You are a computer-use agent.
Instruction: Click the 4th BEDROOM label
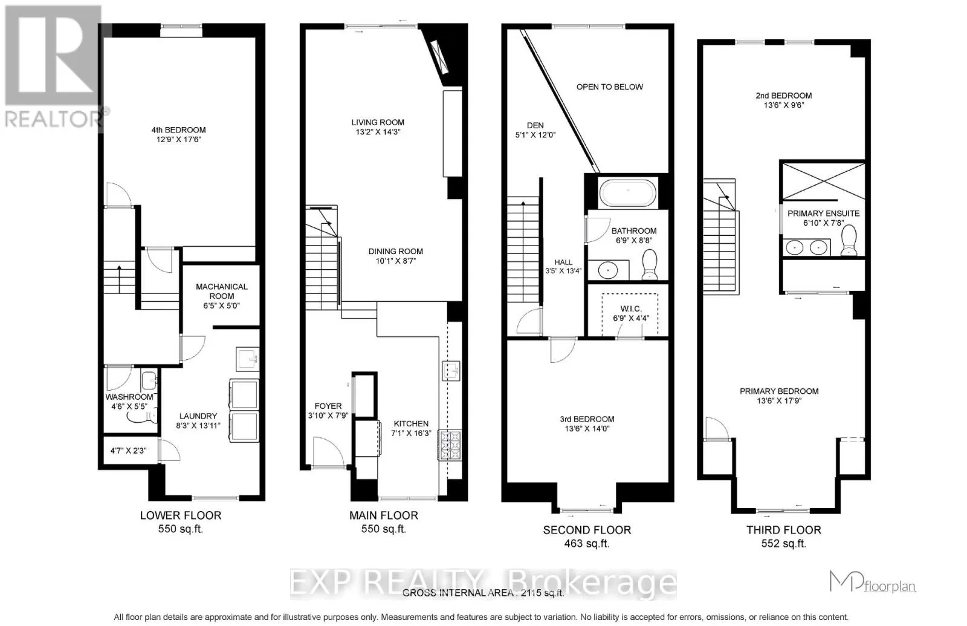(178, 129)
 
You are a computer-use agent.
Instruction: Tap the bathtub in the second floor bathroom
(628, 192)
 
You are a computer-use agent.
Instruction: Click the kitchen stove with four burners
(450, 445)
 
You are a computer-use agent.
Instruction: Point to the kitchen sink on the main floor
(451, 371)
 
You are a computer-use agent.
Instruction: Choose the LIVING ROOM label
(378, 122)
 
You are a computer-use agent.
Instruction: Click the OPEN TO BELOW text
(610, 87)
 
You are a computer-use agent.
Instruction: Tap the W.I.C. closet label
(631, 309)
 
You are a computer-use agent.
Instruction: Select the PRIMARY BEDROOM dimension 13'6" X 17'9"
(779, 400)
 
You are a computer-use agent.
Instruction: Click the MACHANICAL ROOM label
(221, 291)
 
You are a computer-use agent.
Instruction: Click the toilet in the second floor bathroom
(649, 264)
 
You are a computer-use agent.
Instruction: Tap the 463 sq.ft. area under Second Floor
(587, 544)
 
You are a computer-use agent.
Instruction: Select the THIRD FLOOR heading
(783, 530)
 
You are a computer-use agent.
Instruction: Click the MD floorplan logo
(873, 581)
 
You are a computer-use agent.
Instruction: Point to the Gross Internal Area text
(483, 593)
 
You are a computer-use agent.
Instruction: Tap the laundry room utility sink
(247, 359)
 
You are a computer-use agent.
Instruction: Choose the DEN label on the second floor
(535, 125)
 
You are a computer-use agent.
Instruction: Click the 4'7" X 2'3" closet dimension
(128, 451)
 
